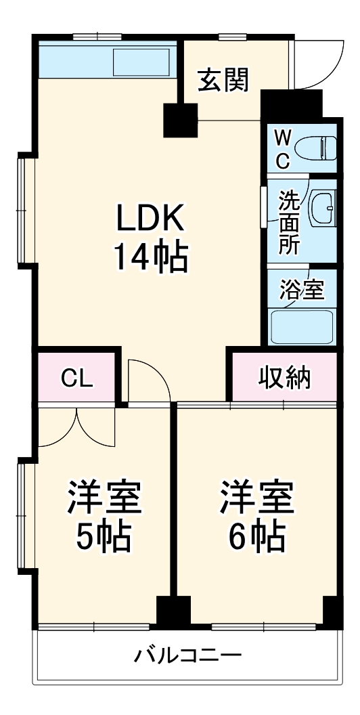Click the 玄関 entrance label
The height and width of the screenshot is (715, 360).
point(224,81)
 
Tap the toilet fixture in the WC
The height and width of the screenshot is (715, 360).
point(315,148)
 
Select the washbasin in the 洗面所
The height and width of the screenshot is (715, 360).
point(323,208)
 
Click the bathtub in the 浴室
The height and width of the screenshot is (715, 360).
point(302,326)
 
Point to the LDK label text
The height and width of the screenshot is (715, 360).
point(150,219)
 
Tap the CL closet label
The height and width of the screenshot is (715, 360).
point(77,378)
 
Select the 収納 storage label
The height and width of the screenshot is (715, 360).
point(285,378)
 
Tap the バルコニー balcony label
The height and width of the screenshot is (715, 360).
point(187,656)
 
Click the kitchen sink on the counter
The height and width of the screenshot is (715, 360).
point(141,62)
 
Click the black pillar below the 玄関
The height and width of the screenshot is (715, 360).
point(181,120)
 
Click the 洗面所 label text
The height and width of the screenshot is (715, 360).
point(289,222)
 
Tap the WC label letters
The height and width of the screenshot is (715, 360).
point(283,148)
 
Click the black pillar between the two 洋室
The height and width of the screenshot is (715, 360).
point(173,609)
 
